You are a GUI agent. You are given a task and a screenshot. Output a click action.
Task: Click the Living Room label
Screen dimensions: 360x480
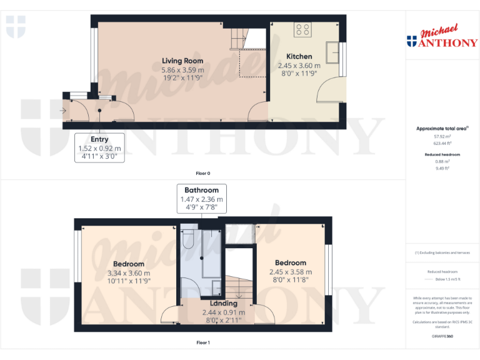point(182,61)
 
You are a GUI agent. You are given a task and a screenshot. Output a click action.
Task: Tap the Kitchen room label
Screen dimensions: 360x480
point(299,56)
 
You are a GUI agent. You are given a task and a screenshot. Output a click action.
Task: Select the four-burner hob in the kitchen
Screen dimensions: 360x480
point(303,29)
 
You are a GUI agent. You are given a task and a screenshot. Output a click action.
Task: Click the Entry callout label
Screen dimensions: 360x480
point(100,139)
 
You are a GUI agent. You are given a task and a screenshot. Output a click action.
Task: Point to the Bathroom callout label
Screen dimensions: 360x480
point(201,190)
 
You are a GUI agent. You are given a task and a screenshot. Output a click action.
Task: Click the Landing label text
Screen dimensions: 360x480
point(223,303)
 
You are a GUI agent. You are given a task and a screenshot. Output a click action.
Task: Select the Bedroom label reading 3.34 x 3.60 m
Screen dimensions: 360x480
point(128,264)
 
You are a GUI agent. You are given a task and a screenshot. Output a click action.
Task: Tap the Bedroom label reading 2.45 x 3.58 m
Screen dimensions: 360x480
point(291,262)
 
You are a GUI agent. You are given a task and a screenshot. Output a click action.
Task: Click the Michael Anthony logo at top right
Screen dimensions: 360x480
point(442,37)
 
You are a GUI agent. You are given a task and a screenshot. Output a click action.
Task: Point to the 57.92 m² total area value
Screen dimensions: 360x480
point(442,136)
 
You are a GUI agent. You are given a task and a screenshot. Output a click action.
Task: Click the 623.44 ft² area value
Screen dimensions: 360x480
point(442,143)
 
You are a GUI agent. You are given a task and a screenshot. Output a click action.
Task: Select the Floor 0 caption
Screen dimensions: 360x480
point(202,172)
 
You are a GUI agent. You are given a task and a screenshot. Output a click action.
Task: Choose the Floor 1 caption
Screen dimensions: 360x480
point(202,342)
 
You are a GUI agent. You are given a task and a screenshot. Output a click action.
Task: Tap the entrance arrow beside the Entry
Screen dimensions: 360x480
point(62,111)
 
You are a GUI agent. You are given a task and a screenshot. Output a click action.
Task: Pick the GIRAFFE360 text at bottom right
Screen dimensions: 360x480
point(442,336)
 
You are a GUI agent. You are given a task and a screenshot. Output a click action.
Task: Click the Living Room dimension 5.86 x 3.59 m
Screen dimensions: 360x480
point(182,69)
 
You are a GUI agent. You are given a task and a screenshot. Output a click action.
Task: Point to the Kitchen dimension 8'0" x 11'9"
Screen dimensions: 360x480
point(299,73)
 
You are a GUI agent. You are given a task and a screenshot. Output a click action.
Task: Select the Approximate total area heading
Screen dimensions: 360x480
point(442,128)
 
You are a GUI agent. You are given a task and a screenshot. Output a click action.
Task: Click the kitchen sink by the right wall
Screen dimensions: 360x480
point(332,50)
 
